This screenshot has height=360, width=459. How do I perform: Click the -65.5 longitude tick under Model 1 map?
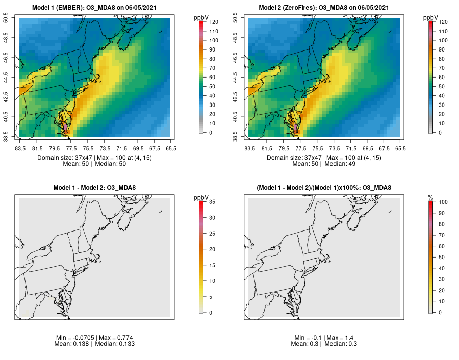click(x=171, y=148)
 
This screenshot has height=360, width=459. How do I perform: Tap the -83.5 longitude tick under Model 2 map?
click(x=249, y=148)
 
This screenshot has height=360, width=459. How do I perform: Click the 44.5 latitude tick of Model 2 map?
click(x=242, y=78)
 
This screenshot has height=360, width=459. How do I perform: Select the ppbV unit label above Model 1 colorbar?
click(x=201, y=18)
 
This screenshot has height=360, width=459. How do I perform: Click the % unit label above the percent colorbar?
click(x=430, y=197)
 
